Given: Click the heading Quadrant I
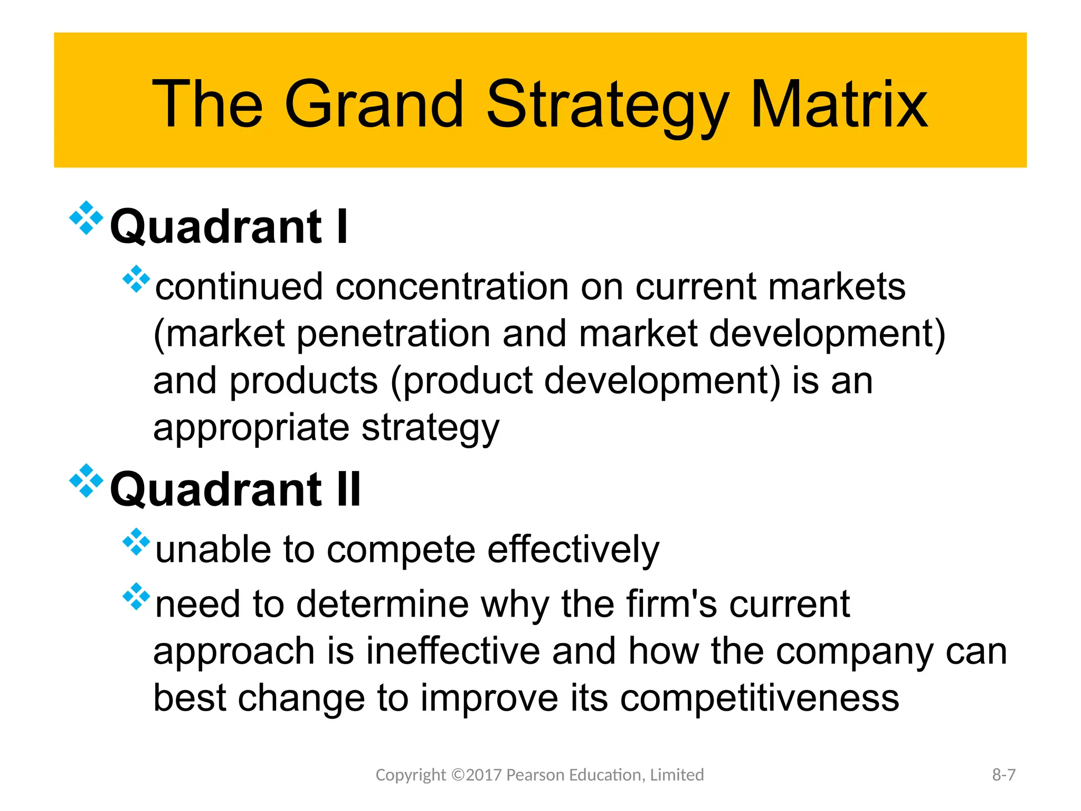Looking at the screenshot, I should tap(229, 227).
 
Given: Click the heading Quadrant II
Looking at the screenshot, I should tap(235, 490).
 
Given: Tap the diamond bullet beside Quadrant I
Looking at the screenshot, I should tap(86, 218).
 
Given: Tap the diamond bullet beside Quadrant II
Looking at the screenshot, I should tap(86, 480).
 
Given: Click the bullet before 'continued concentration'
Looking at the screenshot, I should tap(136, 279).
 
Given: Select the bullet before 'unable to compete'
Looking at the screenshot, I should tap(136, 542).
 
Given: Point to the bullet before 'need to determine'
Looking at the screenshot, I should tap(136, 596).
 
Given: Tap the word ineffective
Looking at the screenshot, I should tap(453, 651).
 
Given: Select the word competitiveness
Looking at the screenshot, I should tap(759, 698).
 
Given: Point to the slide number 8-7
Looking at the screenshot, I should tap(1003, 775).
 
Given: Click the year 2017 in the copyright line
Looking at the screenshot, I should tap(484, 775).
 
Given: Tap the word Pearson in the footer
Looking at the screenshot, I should tap(535, 775).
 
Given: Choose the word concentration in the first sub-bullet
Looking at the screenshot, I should tap(452, 287).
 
